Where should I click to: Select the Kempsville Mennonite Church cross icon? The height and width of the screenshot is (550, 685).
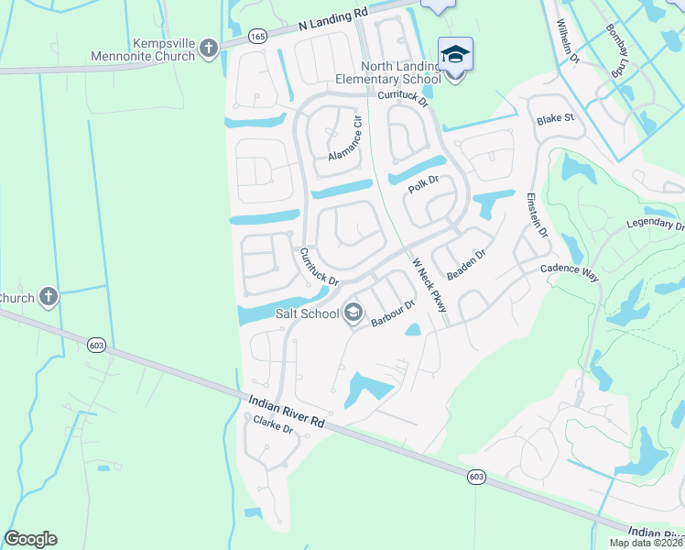(x=209, y=48)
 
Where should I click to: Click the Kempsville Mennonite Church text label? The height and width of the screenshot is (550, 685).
(x=143, y=49)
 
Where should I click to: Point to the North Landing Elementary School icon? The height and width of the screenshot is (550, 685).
(x=455, y=54)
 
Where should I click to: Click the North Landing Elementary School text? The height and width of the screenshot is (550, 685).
(x=401, y=72)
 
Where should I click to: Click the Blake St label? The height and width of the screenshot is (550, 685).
(x=555, y=119)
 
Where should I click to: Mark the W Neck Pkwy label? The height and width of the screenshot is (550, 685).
(x=429, y=283)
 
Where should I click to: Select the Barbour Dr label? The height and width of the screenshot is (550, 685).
(x=395, y=313)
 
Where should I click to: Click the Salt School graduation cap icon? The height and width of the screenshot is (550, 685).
(x=352, y=313)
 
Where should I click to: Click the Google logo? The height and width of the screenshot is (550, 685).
(x=30, y=539)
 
